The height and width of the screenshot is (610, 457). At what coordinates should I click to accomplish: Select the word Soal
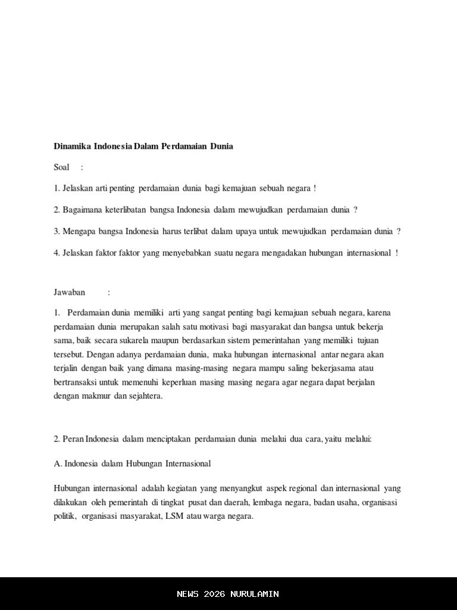(x=62, y=167)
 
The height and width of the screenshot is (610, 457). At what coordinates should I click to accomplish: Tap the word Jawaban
(x=70, y=292)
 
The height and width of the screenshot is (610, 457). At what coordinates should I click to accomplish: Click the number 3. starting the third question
(x=57, y=231)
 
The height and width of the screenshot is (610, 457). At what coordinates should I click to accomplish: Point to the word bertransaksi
(x=75, y=381)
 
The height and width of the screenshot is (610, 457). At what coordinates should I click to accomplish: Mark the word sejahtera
(x=145, y=395)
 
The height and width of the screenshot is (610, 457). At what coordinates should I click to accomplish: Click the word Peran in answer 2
(x=73, y=439)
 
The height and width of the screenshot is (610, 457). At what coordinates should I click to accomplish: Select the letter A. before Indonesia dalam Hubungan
(x=57, y=463)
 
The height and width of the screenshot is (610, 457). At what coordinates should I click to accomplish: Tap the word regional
(x=303, y=488)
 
